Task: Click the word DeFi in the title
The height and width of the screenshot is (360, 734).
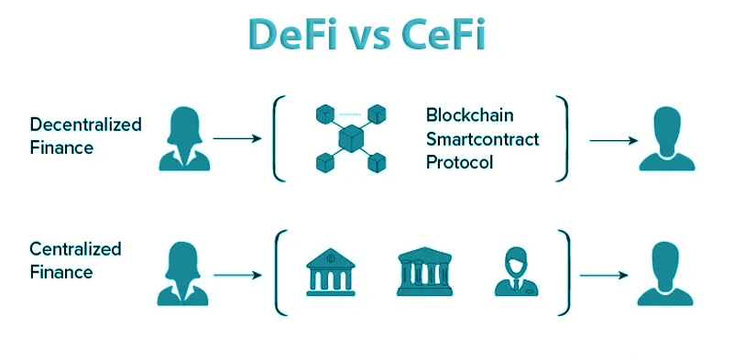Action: point(292,35)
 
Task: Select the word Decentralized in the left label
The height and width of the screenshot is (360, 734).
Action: point(85,125)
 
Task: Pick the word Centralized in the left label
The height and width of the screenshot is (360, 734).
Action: point(75,248)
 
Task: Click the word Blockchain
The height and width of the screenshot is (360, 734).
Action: point(469,115)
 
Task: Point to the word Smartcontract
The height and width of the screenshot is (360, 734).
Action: point(482,138)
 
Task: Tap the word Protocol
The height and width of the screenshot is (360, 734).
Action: point(459,162)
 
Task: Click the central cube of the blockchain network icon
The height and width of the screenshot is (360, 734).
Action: point(351,138)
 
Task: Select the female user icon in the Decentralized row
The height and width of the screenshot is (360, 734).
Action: point(184,138)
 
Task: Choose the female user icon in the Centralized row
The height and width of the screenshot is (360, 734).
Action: point(183,274)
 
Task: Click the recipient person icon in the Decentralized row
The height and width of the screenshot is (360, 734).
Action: point(667,138)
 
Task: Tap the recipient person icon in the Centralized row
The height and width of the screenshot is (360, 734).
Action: point(665,274)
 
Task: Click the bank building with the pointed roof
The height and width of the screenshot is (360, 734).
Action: point(331,272)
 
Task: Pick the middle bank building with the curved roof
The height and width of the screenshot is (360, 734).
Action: point(424,271)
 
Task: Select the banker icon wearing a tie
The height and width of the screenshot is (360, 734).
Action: point(516,271)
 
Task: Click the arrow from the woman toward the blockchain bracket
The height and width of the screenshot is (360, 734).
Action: point(237,138)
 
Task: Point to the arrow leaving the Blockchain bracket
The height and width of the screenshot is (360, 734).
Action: point(614,140)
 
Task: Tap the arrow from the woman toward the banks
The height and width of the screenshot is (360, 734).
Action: point(237,275)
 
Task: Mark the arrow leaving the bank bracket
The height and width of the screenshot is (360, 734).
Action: point(604,275)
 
